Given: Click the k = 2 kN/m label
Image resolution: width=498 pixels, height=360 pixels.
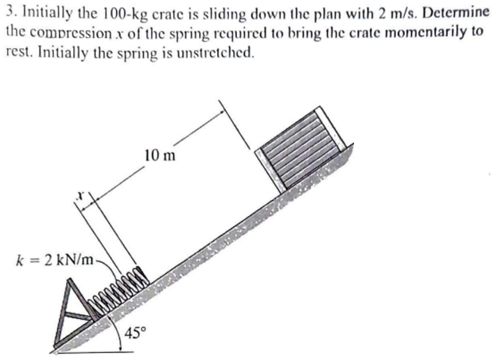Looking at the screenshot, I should coord(58,260).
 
